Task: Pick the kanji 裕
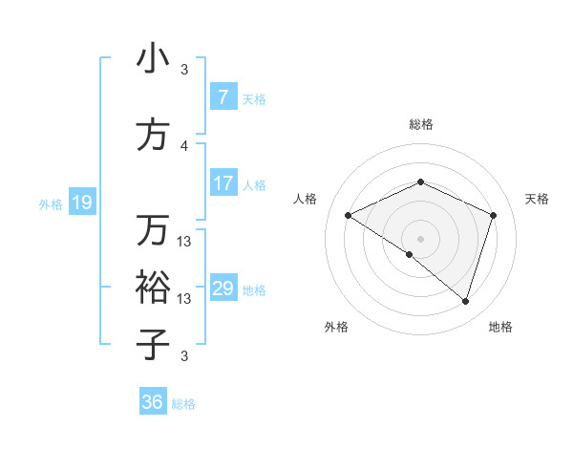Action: [x=153, y=286]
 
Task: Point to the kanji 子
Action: [x=153, y=343]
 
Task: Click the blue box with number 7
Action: [x=223, y=96]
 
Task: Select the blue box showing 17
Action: [x=223, y=183]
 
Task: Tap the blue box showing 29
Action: [x=223, y=289]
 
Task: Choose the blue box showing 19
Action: [x=81, y=202]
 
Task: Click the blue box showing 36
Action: [x=153, y=402]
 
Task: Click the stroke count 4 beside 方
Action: [x=184, y=145]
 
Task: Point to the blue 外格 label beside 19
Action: [x=51, y=203]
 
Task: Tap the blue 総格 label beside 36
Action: [x=183, y=404]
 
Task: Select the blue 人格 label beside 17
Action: [x=254, y=184]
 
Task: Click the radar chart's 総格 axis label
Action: [x=420, y=124]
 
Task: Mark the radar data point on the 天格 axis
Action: [x=494, y=215]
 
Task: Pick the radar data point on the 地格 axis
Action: [x=466, y=301]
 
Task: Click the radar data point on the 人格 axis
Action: [x=349, y=216]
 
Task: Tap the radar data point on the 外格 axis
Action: [x=410, y=254]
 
